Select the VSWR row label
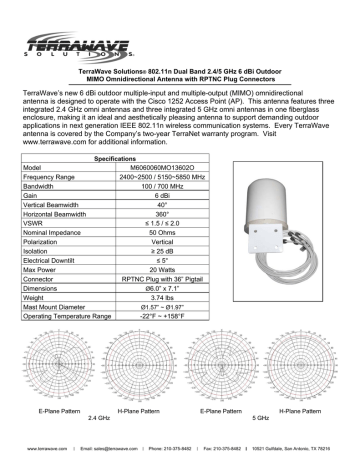(32, 221)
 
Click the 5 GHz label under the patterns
(262, 415)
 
